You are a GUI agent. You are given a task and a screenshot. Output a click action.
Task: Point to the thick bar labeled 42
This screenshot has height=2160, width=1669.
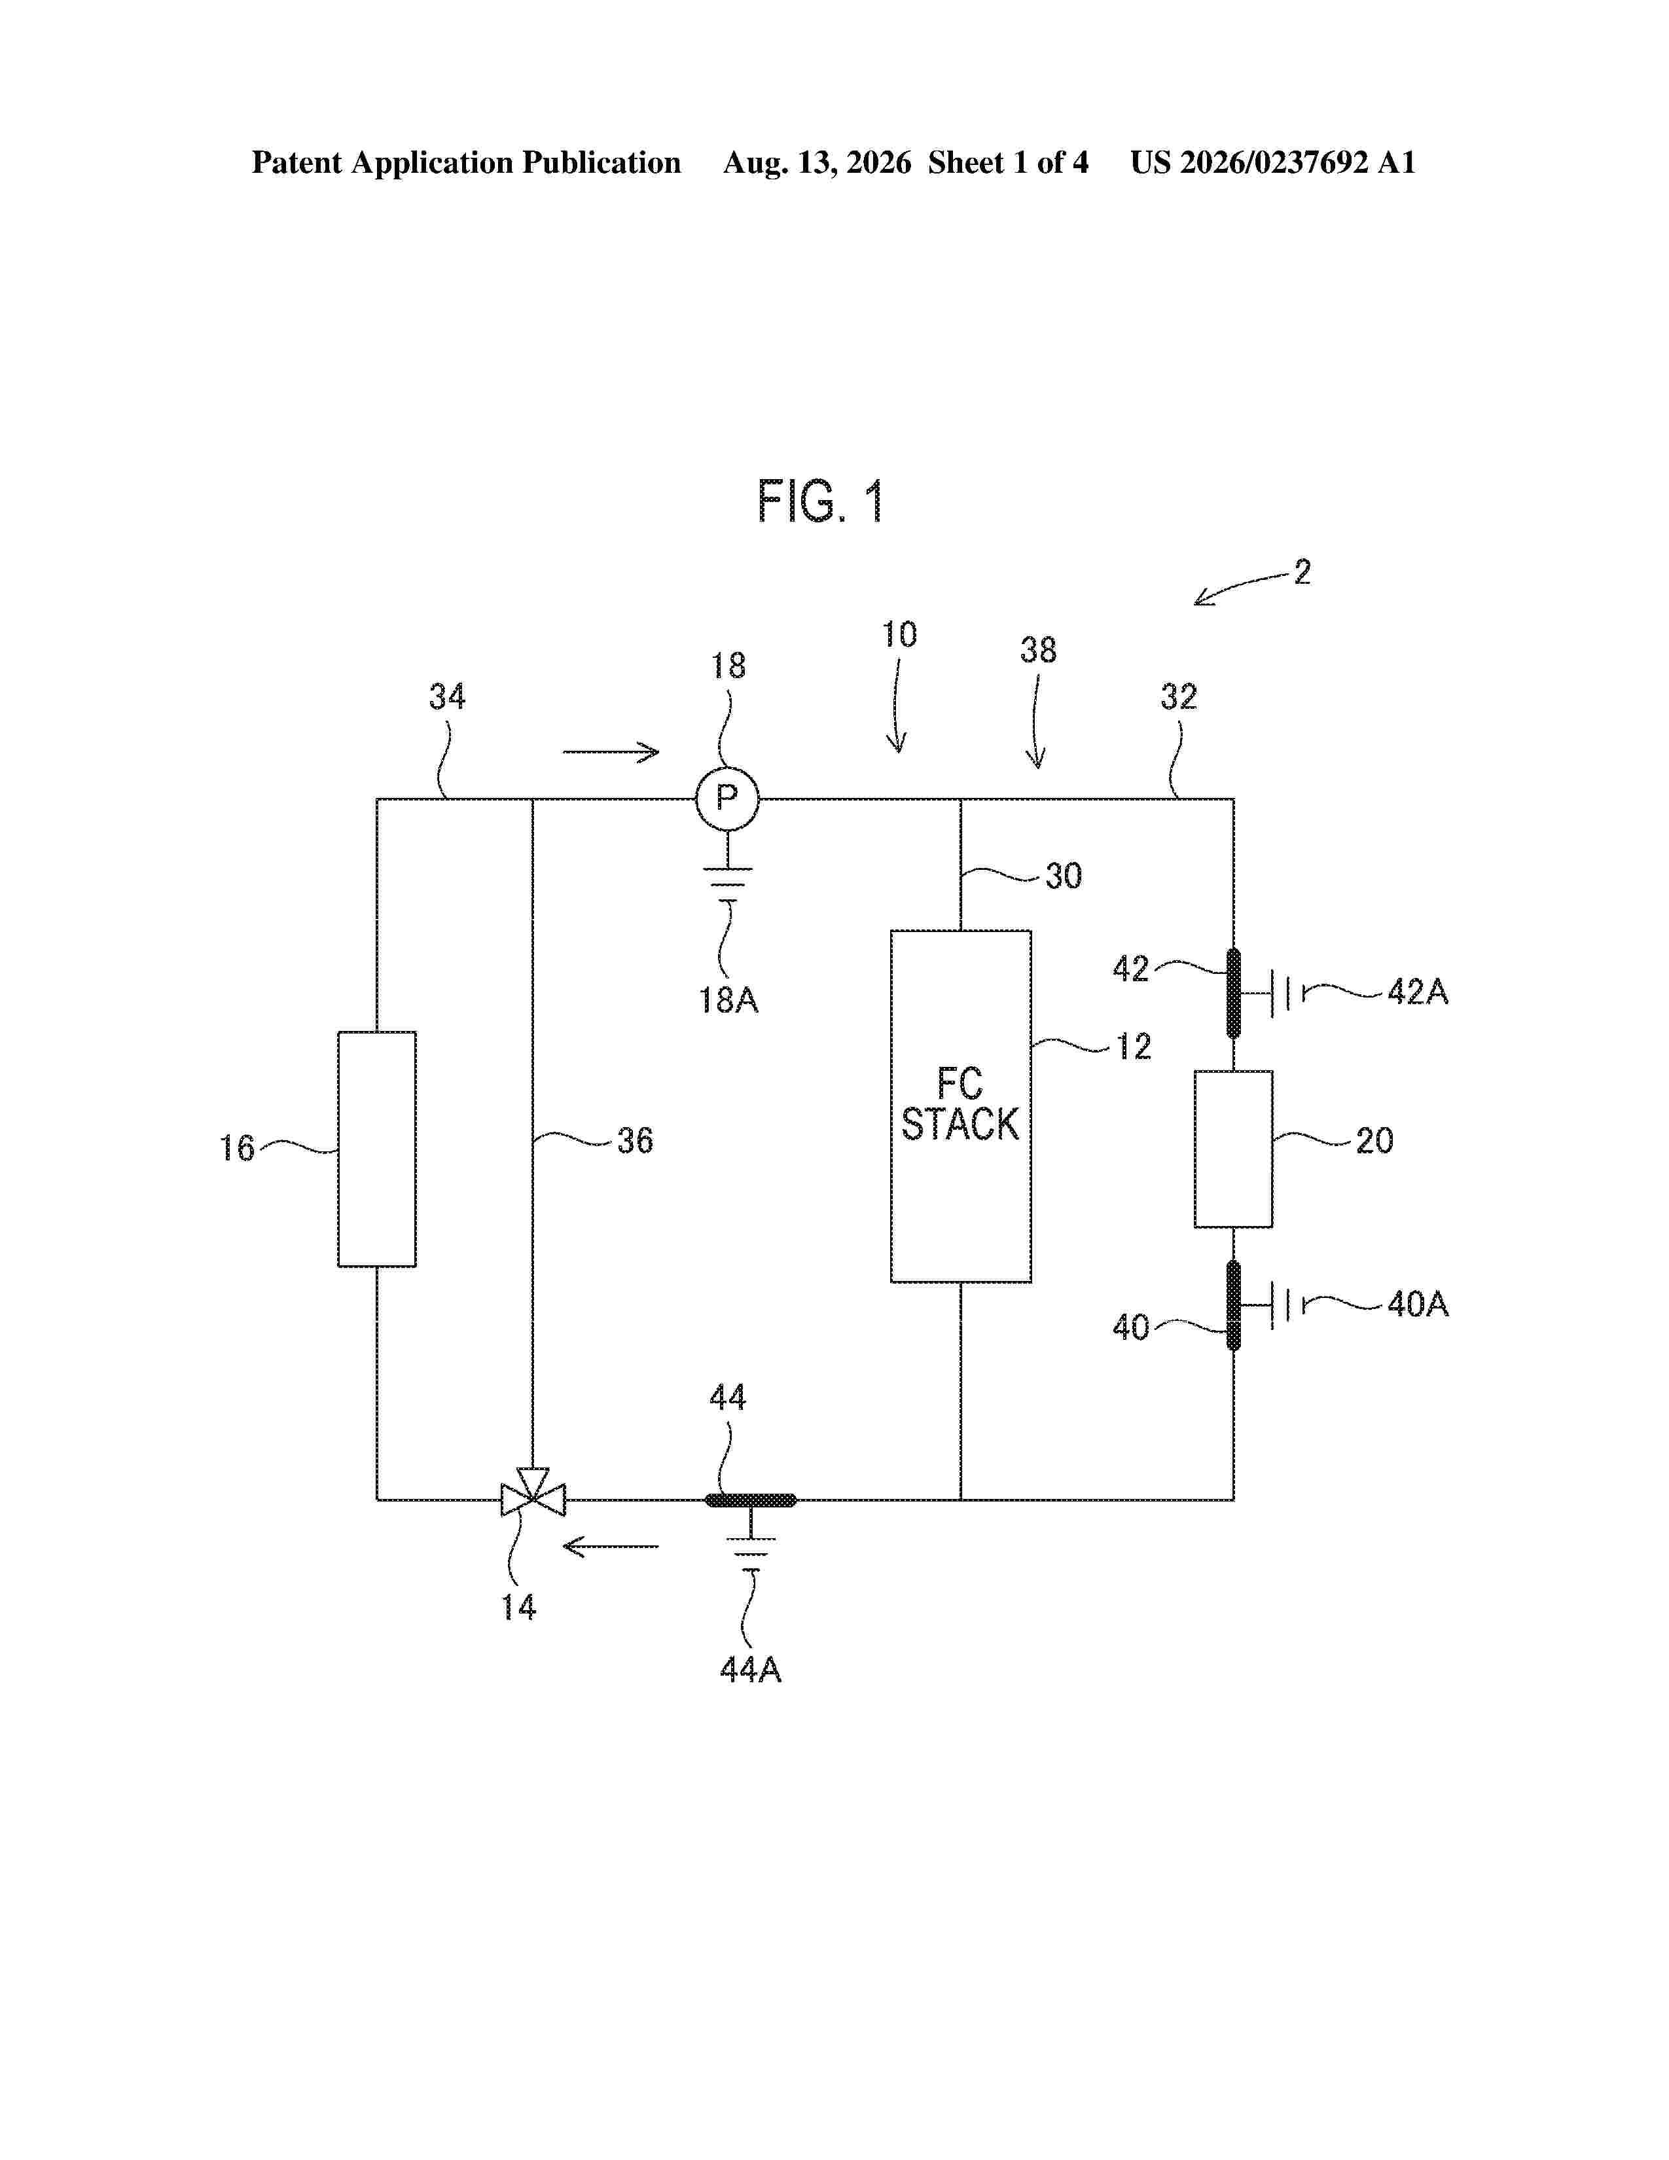pyautogui.click(x=1233, y=993)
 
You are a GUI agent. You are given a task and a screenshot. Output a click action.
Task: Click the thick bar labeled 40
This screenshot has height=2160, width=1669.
pyautogui.click(x=1233, y=1306)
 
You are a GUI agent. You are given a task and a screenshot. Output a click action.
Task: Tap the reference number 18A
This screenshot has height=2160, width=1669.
pyautogui.click(x=728, y=1000)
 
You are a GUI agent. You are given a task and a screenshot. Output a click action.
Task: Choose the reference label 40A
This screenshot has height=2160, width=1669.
pyautogui.click(x=1418, y=1305)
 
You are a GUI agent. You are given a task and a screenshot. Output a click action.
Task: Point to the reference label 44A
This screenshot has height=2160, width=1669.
pyautogui.click(x=751, y=1670)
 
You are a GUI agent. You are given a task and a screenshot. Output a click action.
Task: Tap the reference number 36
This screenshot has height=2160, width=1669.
pyautogui.click(x=635, y=1140)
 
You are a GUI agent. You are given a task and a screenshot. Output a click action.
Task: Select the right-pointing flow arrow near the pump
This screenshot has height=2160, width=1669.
pyautogui.click(x=611, y=753)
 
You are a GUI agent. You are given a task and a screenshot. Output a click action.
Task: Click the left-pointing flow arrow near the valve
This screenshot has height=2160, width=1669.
pyautogui.click(x=611, y=1546)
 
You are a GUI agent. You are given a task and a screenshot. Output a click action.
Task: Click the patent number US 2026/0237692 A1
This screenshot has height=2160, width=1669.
pyautogui.click(x=1274, y=162)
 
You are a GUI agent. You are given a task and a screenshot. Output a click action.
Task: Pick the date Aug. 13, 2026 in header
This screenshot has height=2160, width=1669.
pyautogui.click(x=817, y=162)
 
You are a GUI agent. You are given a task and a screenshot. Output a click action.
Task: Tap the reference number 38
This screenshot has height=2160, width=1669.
pyautogui.click(x=1038, y=650)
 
